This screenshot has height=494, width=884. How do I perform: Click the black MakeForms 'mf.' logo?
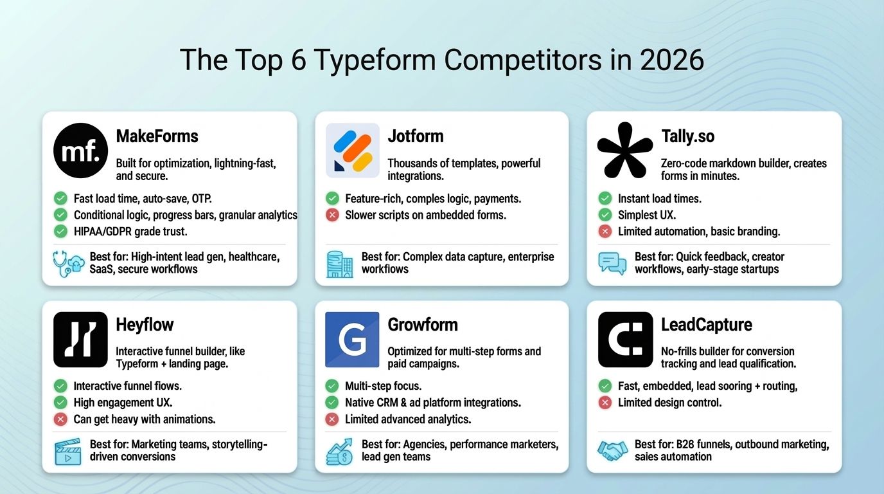pyautogui.click(x=80, y=150)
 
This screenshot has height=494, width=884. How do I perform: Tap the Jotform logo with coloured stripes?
pyautogui.click(x=353, y=150)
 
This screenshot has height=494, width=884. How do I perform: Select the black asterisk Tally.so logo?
pyautogui.click(x=624, y=150)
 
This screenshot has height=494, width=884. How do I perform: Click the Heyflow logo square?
pyautogui.click(x=80, y=340)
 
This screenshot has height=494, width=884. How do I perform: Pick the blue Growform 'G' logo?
pyautogui.click(x=352, y=340)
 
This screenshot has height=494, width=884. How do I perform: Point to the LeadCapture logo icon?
pyautogui.click(x=624, y=340)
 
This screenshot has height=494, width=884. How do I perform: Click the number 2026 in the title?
pyautogui.click(x=672, y=60)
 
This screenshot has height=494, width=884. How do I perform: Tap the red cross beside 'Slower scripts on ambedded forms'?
pyautogui.click(x=332, y=215)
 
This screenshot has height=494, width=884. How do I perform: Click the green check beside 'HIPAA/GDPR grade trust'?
pyautogui.click(x=60, y=232)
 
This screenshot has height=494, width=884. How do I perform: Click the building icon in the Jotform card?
pyautogui.click(x=340, y=264)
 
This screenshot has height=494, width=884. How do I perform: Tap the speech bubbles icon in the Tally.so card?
pyautogui.click(x=612, y=264)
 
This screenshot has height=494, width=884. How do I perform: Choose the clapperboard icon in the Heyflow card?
pyautogui.click(x=67, y=451)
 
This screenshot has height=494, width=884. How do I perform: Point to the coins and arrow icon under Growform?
pyautogui.click(x=340, y=451)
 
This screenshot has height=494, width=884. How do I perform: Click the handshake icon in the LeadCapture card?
pyautogui.click(x=612, y=451)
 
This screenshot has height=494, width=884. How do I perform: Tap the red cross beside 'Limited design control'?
pyautogui.click(x=605, y=403)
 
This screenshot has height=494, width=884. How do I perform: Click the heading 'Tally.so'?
pyautogui.click(x=687, y=136)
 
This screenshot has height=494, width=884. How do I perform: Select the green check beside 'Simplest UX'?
pyautogui.click(x=605, y=215)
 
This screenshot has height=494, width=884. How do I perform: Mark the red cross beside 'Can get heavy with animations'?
pyautogui.click(x=60, y=419)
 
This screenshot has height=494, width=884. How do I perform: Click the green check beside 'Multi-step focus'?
pyautogui.click(x=332, y=386)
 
